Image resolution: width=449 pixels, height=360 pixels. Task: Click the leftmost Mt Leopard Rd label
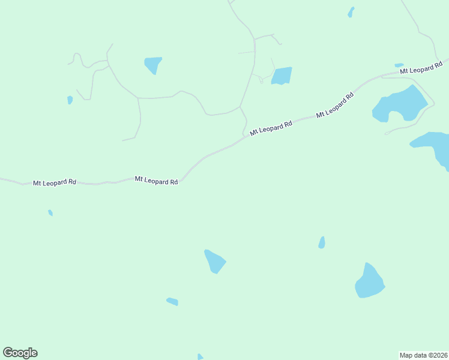coord(55,182)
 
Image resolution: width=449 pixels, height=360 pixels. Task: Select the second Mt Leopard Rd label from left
coord(156,180)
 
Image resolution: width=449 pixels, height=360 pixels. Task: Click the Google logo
coord(20,353)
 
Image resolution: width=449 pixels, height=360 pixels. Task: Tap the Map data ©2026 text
coord(423,355)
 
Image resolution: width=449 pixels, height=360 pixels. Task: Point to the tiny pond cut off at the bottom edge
coord(200,357)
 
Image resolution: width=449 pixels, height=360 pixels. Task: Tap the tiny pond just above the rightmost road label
coord(399,65)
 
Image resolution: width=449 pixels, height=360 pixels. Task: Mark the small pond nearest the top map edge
coord(351,11)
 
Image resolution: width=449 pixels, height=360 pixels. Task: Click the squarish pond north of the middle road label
coord(282,76)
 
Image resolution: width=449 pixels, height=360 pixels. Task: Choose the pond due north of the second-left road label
coord(154,64)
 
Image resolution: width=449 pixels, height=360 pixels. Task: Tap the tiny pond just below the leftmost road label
coord(50,212)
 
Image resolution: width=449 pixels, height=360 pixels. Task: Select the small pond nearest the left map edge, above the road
coord(70,100)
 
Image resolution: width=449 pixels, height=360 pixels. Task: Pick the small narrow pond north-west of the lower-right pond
coord(322,242)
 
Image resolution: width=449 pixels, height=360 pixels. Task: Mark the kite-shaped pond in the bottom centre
coord(214,261)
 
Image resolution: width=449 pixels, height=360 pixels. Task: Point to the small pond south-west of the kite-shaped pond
coord(172,301)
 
